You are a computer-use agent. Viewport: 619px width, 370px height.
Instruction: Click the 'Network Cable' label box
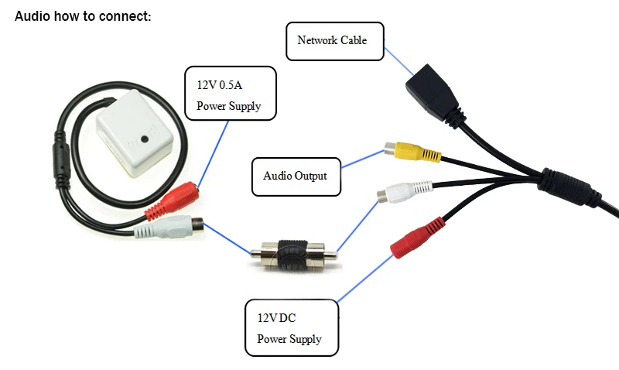click(x=335, y=42)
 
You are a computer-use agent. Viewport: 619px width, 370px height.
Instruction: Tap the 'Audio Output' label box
click(x=296, y=176)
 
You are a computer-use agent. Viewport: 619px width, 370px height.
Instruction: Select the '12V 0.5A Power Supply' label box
click(x=231, y=93)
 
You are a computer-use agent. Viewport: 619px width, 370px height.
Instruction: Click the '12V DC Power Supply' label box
click(x=292, y=327)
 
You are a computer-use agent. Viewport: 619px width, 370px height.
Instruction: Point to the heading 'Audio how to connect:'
click(x=83, y=16)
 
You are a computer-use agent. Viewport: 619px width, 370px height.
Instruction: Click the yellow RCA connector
click(x=412, y=152)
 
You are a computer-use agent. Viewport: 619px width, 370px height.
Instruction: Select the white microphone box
click(x=134, y=133)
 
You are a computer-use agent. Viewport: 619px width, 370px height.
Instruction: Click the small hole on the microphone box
click(x=145, y=139)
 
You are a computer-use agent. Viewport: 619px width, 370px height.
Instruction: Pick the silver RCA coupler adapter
click(x=294, y=255)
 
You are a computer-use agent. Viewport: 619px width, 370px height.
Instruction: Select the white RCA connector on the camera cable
click(x=405, y=192)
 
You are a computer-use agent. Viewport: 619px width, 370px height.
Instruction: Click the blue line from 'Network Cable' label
click(x=398, y=61)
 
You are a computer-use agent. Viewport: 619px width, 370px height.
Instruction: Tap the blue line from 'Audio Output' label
click(x=363, y=159)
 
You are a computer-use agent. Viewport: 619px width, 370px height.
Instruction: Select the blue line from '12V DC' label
click(x=365, y=279)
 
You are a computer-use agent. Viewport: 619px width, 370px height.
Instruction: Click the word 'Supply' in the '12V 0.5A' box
click(x=245, y=106)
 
